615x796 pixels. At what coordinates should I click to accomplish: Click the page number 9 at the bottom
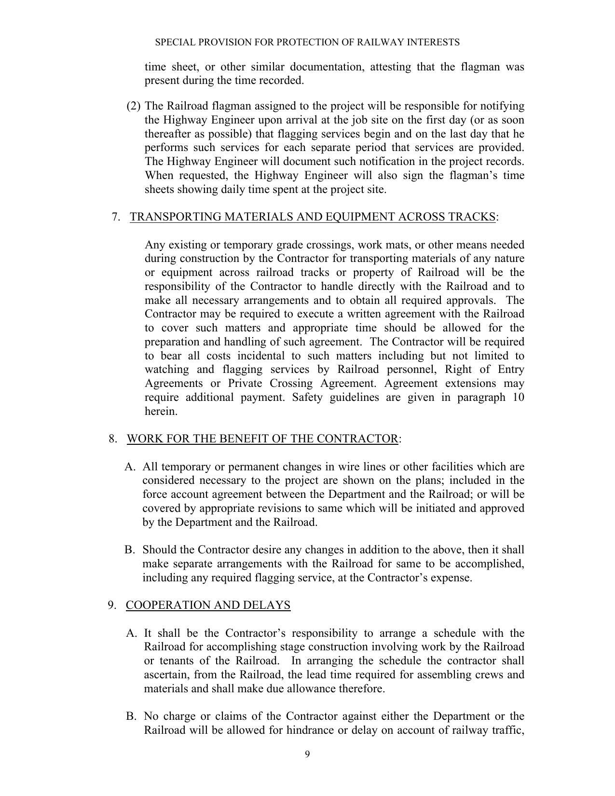coord(307,755)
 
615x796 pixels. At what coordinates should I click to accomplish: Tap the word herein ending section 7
coord(161,412)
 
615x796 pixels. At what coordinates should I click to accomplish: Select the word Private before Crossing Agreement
coord(245,384)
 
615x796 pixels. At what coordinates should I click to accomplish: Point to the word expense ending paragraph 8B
coord(452,578)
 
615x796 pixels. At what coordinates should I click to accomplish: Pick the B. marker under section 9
coord(131,716)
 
